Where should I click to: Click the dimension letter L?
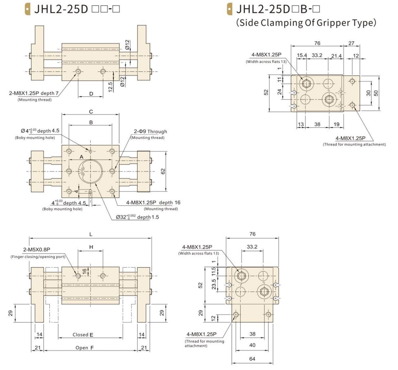pos(91,234)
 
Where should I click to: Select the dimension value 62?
pos(163,171)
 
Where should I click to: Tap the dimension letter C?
pos(91,112)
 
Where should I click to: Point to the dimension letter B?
pos(91,123)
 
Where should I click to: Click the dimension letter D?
pos(91,94)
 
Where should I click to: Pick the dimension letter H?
pos(91,247)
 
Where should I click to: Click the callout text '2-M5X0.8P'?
pos(37,250)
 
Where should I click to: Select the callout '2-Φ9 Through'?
pos(150,131)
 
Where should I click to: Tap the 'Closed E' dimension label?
pos(83,335)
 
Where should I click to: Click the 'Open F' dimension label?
pos(84,348)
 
